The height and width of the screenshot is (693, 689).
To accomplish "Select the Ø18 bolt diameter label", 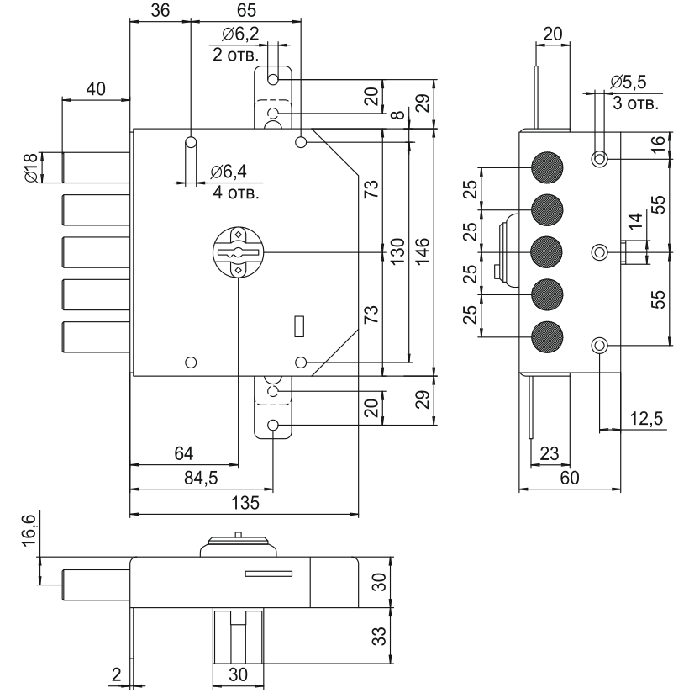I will [30, 167].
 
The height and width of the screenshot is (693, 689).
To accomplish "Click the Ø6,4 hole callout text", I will [229, 172].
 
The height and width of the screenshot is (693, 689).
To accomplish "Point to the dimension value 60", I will [571, 478].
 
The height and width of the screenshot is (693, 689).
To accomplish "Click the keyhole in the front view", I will [239, 251].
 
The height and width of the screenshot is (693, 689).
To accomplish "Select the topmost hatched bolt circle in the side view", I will [547, 165].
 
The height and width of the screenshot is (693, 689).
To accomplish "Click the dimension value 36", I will [160, 11].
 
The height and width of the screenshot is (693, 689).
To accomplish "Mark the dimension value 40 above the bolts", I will [95, 88].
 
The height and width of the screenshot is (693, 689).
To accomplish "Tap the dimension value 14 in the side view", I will [636, 222].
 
